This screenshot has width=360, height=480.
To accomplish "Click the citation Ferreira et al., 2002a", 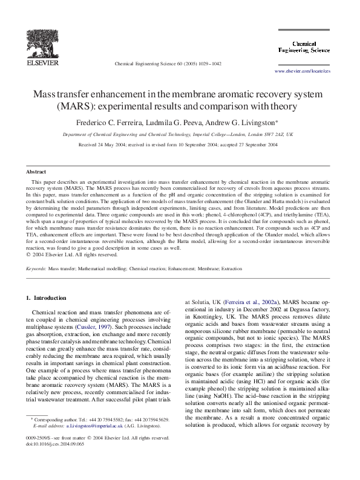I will point(244,301).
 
